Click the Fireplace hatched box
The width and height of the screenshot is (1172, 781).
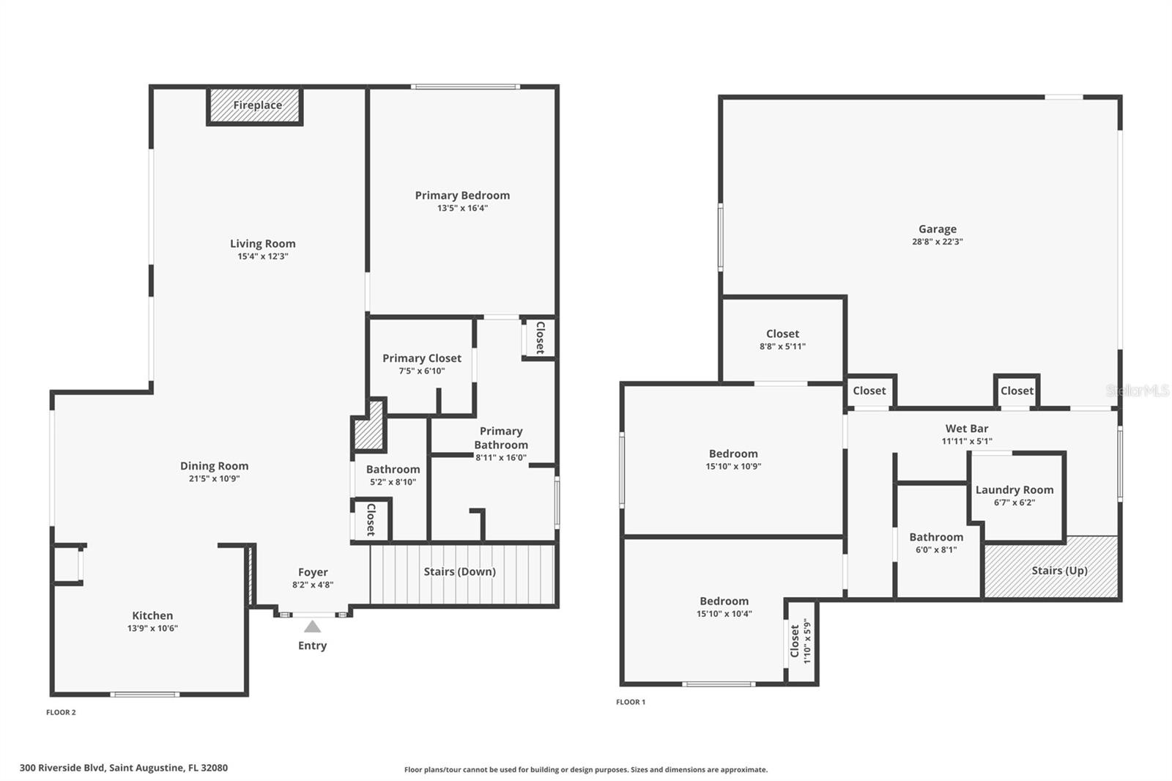click(x=255, y=106)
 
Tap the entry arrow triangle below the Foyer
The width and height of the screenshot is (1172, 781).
click(x=312, y=626)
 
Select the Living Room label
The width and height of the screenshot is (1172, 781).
click(x=262, y=244)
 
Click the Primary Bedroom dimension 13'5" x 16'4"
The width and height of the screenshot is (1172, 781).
click(x=462, y=208)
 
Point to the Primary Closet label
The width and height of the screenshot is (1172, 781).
click(x=421, y=358)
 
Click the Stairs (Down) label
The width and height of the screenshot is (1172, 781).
click(x=459, y=571)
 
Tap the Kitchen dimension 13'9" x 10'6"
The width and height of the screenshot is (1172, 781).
click(x=152, y=629)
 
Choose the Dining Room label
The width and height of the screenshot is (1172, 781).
click(x=214, y=466)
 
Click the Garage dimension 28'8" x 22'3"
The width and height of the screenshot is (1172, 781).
click(x=937, y=242)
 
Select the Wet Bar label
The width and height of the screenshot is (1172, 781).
click(x=966, y=429)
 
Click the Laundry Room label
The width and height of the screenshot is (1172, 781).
click(x=1014, y=490)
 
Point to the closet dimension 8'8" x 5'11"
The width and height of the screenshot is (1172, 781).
click(x=782, y=347)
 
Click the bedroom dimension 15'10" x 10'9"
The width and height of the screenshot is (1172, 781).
click(x=732, y=467)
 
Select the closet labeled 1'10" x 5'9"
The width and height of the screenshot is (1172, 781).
click(x=801, y=641)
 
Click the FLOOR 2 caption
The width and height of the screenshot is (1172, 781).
click(x=61, y=712)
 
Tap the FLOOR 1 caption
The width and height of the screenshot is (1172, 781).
click(x=630, y=702)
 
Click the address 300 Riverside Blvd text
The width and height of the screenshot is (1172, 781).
click(x=123, y=768)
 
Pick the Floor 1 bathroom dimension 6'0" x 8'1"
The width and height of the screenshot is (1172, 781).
click(x=935, y=550)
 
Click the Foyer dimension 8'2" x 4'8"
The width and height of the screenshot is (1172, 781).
click(x=313, y=585)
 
